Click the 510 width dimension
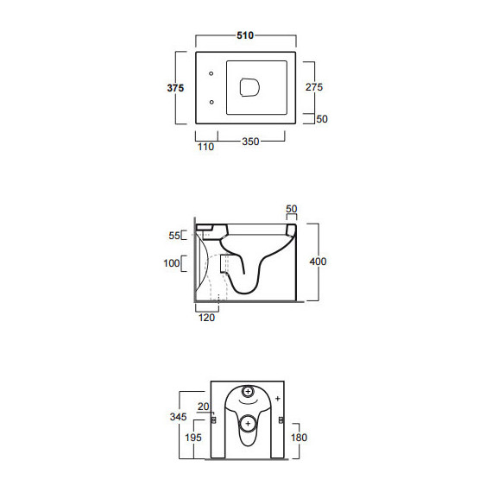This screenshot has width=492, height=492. [245, 35]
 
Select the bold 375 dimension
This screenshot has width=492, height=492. [175, 88]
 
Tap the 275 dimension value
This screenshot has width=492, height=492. [314, 87]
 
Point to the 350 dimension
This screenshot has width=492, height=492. [250, 142]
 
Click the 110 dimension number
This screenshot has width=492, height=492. [205, 147]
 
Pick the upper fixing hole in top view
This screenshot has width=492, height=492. [211, 73]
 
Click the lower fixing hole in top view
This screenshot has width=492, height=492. [211, 102]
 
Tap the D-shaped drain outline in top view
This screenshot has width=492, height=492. [250, 87]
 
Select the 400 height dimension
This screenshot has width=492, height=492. [318, 262]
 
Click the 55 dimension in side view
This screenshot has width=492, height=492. [174, 236]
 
